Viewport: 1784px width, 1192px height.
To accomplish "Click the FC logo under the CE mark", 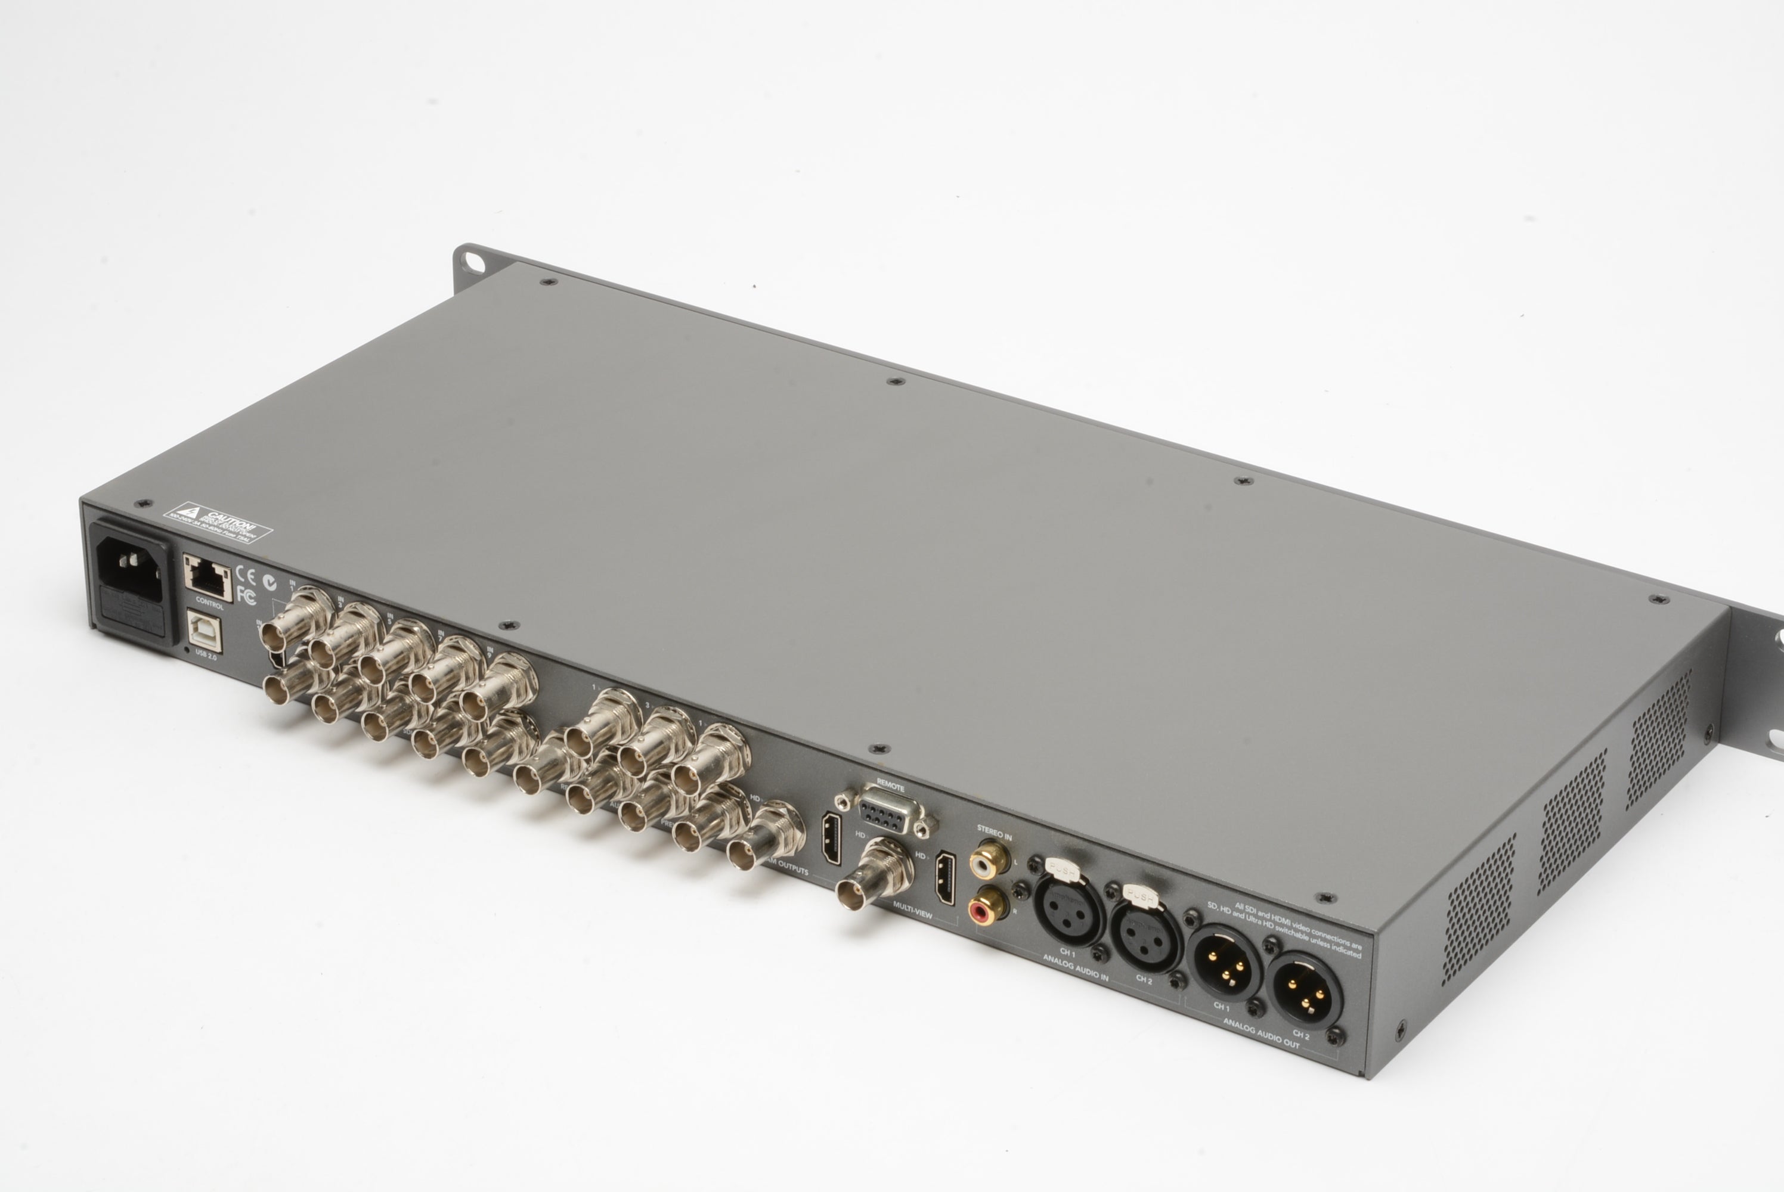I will [246, 594].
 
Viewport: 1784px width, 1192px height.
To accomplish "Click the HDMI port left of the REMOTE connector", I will [831, 839].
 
